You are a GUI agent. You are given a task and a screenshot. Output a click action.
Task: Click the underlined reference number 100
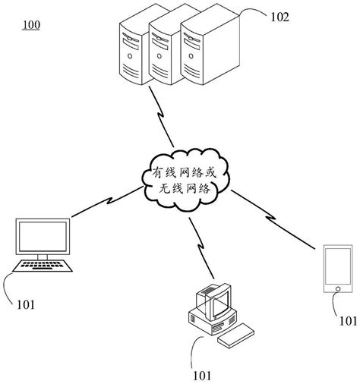[31, 25]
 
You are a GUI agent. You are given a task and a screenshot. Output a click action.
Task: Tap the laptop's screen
[43, 238]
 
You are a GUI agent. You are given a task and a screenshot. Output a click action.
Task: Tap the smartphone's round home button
[334, 289]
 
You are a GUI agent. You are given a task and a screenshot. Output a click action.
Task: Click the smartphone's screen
[334, 266]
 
